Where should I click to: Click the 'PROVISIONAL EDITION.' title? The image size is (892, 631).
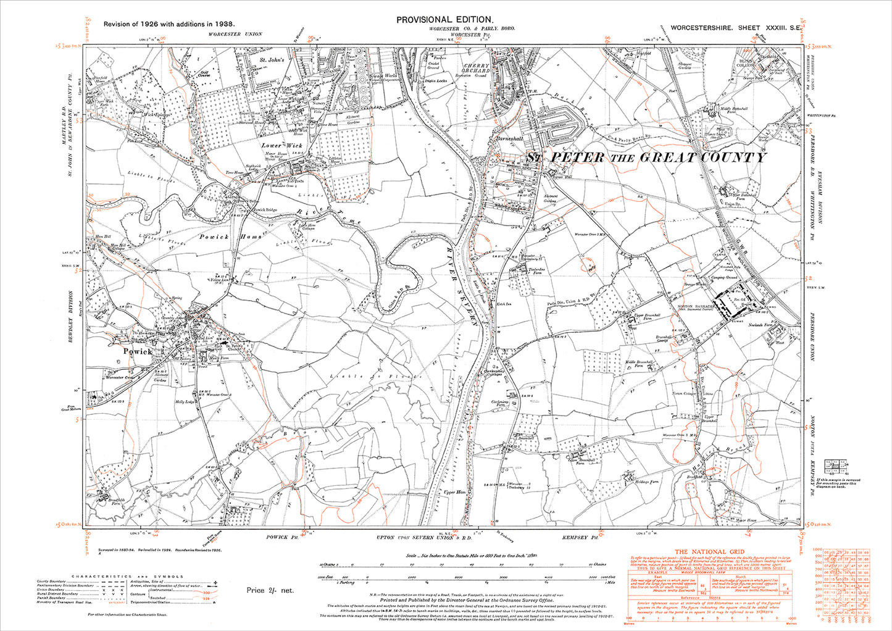tap(444, 20)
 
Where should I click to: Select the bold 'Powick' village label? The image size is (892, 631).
tap(137, 351)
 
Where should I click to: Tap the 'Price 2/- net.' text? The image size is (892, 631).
tap(270, 590)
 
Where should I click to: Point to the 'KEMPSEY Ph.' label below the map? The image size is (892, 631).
tap(577, 538)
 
